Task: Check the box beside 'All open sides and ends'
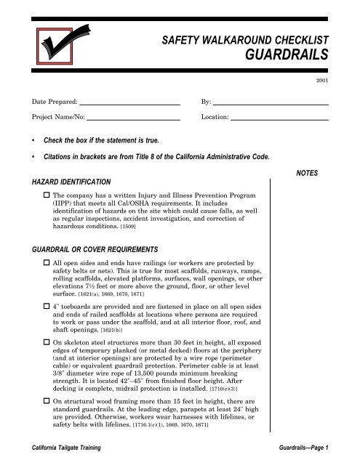[47, 261]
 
